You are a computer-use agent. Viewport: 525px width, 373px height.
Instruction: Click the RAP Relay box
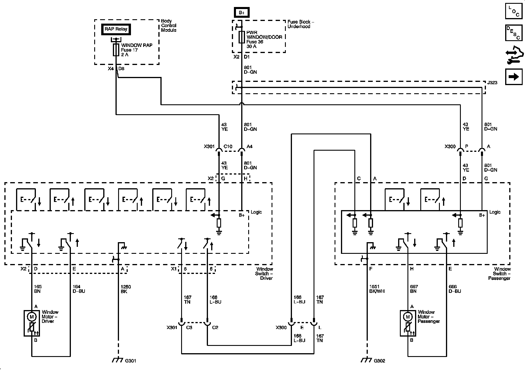[116, 29]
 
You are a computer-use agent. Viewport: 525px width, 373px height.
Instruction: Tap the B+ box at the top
[242, 13]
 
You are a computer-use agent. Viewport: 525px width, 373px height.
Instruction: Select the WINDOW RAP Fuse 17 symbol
[116, 50]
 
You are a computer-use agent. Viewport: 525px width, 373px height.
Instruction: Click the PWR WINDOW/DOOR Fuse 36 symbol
[242, 37]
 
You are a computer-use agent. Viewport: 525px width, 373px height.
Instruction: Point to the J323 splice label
[492, 83]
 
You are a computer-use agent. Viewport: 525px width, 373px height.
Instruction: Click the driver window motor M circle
[32, 317]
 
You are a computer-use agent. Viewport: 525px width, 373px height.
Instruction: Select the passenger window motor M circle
[408, 317]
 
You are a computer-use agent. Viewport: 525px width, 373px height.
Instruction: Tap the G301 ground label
[130, 361]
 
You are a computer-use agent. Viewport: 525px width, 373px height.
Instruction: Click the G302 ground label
[379, 361]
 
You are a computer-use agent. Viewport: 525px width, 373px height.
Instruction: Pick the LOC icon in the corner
[514, 11]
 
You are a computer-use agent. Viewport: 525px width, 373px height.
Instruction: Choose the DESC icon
[514, 33]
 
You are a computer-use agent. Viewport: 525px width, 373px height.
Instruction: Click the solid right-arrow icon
[514, 77]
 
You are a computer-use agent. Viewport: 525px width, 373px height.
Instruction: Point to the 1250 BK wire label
[126, 289]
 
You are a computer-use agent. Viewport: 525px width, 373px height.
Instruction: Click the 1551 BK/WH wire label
[377, 289]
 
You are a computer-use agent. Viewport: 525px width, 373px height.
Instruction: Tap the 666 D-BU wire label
[455, 289]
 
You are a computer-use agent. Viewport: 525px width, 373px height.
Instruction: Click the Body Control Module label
[169, 26]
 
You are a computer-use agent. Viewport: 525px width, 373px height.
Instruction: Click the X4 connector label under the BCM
[111, 69]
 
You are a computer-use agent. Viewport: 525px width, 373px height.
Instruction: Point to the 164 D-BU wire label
[79, 289]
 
